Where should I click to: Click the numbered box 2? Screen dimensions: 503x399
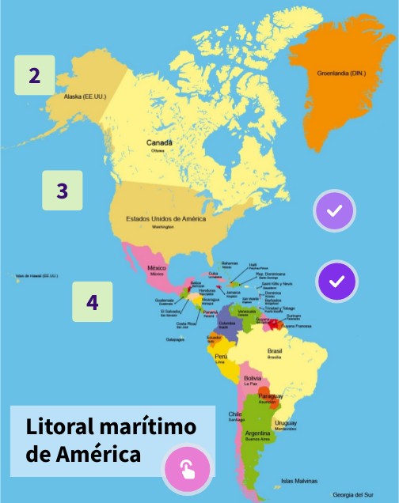pyautogui.click(x=34, y=75)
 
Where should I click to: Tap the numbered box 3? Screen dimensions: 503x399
pyautogui.click(x=63, y=191)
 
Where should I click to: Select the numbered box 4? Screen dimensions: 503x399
pyautogui.click(x=93, y=301)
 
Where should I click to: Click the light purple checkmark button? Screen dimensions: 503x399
pyautogui.click(x=334, y=211)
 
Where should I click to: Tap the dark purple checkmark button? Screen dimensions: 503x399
pyautogui.click(x=336, y=281)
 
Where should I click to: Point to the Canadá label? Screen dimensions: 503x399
pyautogui.click(x=159, y=142)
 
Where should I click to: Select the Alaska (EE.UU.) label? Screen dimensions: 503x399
pyautogui.click(x=85, y=97)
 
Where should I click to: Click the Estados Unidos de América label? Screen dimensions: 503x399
pyautogui.click(x=166, y=218)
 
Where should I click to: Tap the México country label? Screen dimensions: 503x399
pyautogui.click(x=157, y=268)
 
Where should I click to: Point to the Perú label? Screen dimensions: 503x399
pyautogui.click(x=222, y=357)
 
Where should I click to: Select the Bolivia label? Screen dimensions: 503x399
pyautogui.click(x=253, y=378)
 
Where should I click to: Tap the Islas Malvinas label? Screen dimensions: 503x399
pyautogui.click(x=299, y=481)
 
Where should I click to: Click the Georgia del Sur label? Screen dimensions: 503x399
pyautogui.click(x=352, y=494)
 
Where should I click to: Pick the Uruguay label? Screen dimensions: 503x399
pyautogui.click(x=286, y=423)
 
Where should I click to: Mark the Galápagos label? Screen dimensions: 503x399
pyautogui.click(x=176, y=339)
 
